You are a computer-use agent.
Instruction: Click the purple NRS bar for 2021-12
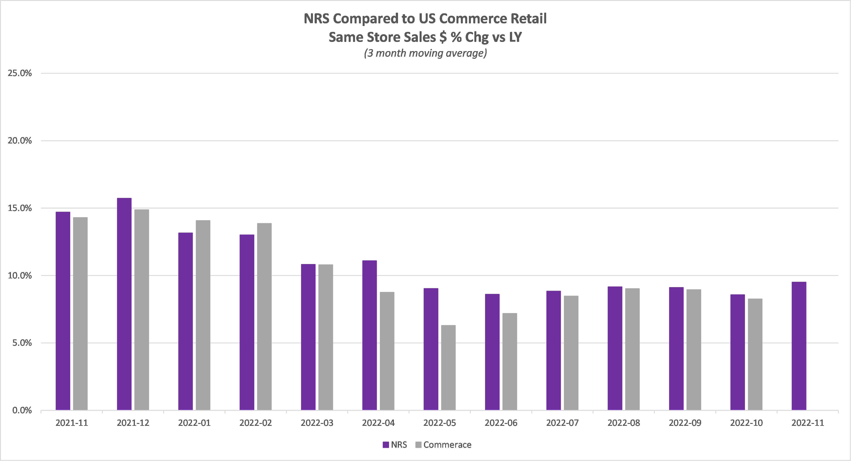(x=124, y=304)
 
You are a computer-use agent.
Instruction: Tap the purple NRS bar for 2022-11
(x=799, y=346)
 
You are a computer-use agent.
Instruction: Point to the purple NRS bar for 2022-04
(x=369, y=335)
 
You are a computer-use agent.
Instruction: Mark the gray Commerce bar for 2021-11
(x=80, y=314)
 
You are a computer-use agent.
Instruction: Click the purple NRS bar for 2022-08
(x=615, y=348)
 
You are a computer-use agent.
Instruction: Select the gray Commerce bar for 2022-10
(x=755, y=354)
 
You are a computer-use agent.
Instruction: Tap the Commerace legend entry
(x=443, y=445)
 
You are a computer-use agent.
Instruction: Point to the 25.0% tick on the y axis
(x=20, y=73)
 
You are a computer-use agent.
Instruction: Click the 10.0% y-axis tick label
(x=20, y=275)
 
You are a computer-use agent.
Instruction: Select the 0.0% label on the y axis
(x=22, y=410)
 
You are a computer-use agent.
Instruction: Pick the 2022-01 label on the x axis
(x=194, y=423)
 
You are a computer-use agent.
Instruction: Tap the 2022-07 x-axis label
(x=562, y=423)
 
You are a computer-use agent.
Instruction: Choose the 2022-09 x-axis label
(x=685, y=423)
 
